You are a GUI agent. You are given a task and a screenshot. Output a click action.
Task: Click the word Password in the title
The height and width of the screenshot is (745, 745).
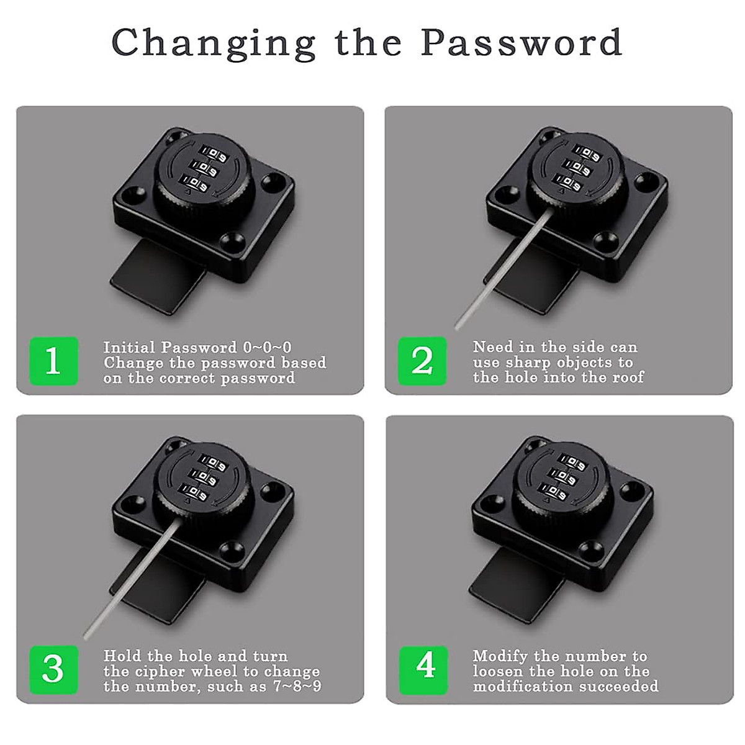[521, 42]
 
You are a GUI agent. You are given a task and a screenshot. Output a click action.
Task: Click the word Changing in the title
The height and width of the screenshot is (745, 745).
[214, 43]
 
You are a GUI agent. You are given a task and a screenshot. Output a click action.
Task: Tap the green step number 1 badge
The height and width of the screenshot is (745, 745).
[53, 361]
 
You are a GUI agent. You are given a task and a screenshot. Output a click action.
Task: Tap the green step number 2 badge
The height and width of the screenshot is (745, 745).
[422, 361]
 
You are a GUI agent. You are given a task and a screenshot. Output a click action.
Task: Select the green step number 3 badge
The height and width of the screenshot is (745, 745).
[53, 669]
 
